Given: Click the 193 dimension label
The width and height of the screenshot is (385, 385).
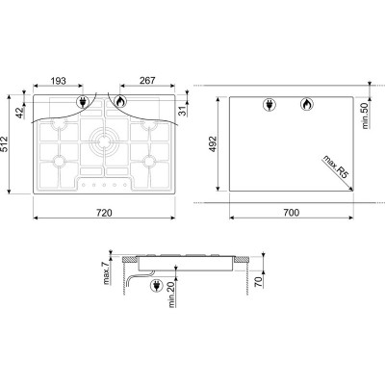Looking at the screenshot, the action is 59,81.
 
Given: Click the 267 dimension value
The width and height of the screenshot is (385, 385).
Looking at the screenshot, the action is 147,80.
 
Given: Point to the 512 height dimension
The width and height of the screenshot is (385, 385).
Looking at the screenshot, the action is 4,144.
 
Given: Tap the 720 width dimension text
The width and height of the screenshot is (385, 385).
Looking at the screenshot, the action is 104,213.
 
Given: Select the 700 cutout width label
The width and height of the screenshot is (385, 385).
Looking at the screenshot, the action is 292,213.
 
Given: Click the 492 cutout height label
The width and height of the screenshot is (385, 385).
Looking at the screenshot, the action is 213,144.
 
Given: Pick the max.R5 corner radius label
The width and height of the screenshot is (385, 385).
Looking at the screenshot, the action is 335,167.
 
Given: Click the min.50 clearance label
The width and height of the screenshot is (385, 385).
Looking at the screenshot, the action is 366,115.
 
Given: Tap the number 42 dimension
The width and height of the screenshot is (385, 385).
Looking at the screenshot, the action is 20,113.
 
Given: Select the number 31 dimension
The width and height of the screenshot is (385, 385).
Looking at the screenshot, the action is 182,111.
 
